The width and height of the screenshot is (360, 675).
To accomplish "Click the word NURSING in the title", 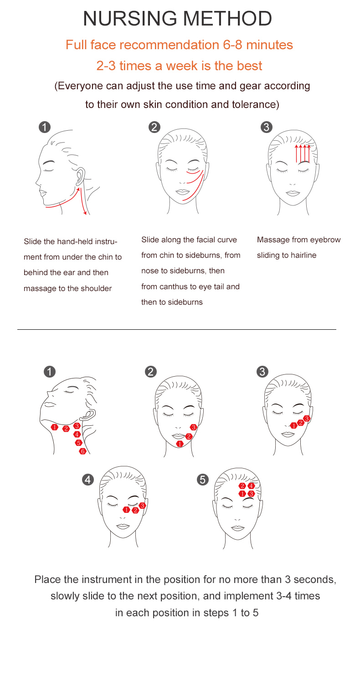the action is pyautogui.click(x=130, y=18).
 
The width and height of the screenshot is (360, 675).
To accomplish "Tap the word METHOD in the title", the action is pyautogui.click(x=228, y=18).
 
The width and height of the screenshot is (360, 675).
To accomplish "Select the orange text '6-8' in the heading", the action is pyautogui.click(x=232, y=45).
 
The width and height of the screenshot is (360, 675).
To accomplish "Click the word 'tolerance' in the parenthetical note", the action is pyautogui.click(x=254, y=104).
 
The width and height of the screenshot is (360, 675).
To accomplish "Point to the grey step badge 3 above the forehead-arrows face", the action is pyautogui.click(x=267, y=127).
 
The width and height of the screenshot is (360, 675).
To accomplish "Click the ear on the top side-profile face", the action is pyautogui.click(x=80, y=177).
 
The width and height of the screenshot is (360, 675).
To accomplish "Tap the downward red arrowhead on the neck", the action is pyautogui.click(x=85, y=213).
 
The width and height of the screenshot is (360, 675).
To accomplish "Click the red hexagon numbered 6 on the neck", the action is pyautogui.click(x=82, y=451).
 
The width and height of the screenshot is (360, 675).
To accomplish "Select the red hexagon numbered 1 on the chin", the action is pyautogui.click(x=180, y=444).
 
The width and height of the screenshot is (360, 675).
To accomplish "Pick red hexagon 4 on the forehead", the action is pyautogui.click(x=251, y=486).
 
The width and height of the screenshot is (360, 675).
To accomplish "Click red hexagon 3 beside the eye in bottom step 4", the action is pyautogui.click(x=143, y=506).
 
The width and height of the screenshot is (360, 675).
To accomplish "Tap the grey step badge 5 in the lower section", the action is pyautogui.click(x=203, y=480).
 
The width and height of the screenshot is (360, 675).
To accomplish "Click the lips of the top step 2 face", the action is pyautogui.click(x=182, y=192).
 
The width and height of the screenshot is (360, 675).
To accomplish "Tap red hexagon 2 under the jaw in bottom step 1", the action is pyautogui.click(x=66, y=429).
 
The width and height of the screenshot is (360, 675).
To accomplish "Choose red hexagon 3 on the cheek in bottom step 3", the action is pyautogui.click(x=307, y=419).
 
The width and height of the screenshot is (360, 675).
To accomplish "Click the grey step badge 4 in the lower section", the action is pyautogui.click(x=88, y=480).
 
